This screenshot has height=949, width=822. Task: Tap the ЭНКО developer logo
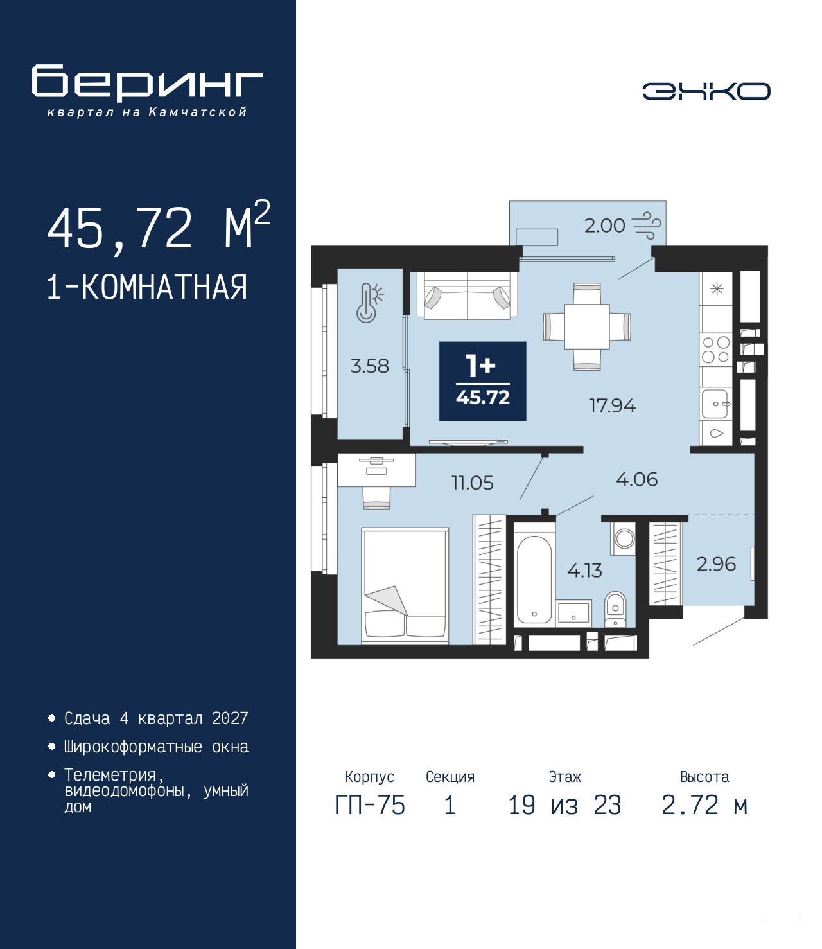tap(706, 91)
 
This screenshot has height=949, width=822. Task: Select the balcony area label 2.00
tap(604, 226)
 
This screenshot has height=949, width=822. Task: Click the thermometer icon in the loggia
tap(369, 303)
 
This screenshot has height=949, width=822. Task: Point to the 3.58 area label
tap(369, 366)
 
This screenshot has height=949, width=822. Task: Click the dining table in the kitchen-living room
tap(587, 326)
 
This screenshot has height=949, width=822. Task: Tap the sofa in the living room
tap(468, 295)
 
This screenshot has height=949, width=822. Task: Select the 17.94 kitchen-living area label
tap(612, 406)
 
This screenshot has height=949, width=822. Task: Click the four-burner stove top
tap(716, 350)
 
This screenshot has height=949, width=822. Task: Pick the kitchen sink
tap(716, 404)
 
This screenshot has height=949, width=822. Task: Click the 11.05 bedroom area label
tap(472, 483)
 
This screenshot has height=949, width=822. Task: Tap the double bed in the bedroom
tap(405, 585)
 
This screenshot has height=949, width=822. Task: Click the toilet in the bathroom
tap(615, 609)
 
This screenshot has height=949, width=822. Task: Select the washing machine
tap(624, 538)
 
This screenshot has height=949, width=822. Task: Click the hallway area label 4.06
tap(636, 480)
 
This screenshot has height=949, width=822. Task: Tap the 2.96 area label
tap(716, 564)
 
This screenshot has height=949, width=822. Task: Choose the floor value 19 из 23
tap(564, 805)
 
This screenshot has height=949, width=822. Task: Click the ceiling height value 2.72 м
tap(704, 805)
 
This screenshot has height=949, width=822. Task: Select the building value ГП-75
tap(369, 805)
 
